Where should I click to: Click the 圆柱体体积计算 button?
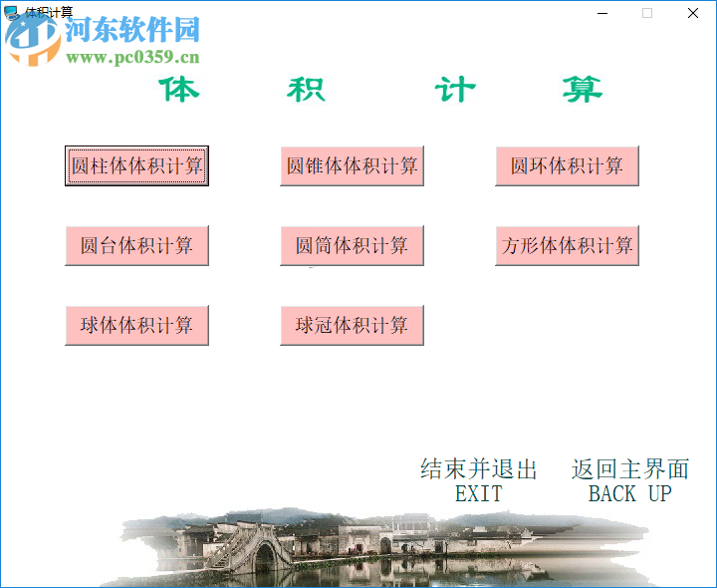pyautogui.click(x=136, y=165)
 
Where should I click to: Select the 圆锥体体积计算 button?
pyautogui.click(x=352, y=165)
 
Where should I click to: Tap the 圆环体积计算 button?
pyautogui.click(x=567, y=165)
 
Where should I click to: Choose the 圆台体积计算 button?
pyautogui.click(x=136, y=245)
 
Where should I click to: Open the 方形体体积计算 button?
pyautogui.click(x=567, y=245)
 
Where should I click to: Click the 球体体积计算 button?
pyautogui.click(x=136, y=325)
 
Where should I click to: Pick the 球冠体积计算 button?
pyautogui.click(x=352, y=325)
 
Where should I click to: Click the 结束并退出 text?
pyautogui.click(x=478, y=469)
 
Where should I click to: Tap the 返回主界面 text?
pyautogui.click(x=629, y=469)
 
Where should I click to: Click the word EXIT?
pyautogui.click(x=478, y=493)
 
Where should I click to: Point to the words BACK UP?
pyautogui.click(x=629, y=493)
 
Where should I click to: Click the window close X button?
pyautogui.click(x=693, y=13)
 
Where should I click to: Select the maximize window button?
pyautogui.click(x=647, y=13)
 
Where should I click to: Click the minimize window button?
pyautogui.click(x=602, y=13)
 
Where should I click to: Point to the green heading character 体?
pyautogui.click(x=179, y=90)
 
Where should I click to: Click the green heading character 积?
pyautogui.click(x=306, y=90)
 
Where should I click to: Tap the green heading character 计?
pyautogui.click(x=454, y=90)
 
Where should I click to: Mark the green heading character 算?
pyautogui.click(x=582, y=90)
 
